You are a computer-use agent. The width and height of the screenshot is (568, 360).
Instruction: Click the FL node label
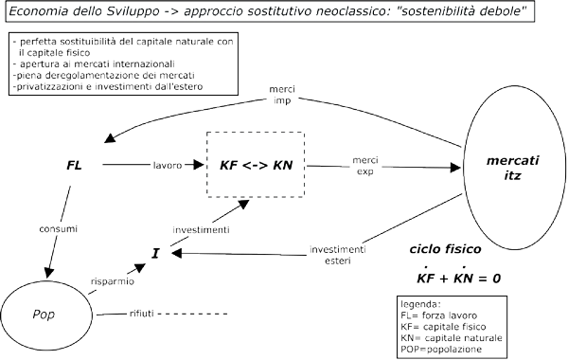pos(75,165)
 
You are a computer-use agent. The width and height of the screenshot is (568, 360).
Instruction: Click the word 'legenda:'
pos(423,303)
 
